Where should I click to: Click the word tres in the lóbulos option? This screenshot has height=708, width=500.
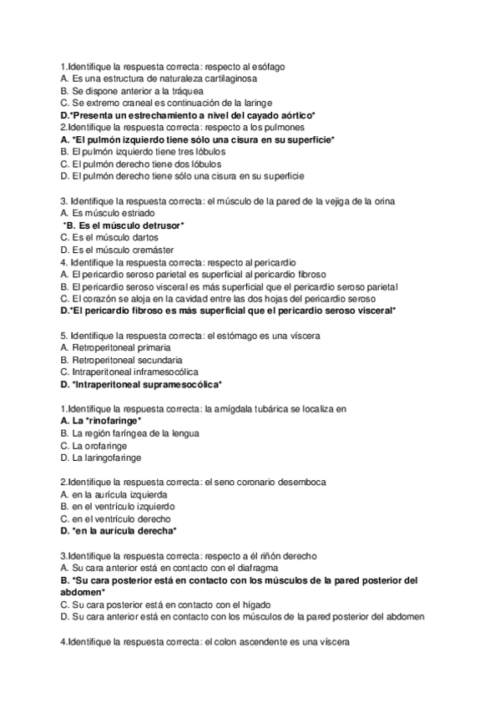coord(174,152)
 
